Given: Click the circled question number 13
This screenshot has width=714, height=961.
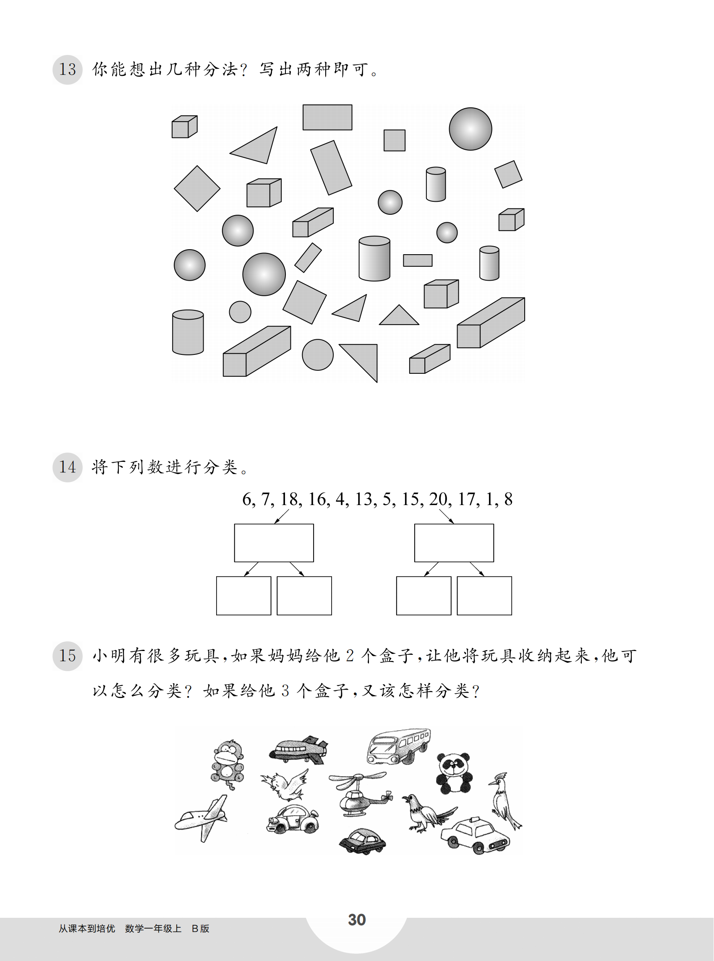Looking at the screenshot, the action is pos(68,70).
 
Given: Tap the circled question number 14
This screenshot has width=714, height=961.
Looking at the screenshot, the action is pos(68,467).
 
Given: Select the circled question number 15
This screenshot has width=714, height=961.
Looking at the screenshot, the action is pos(68,656).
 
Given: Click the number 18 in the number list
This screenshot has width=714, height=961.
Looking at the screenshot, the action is pos(289,499).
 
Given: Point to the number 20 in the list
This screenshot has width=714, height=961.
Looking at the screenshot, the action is pos(438,499).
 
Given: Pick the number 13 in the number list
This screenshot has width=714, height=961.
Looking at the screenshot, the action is pos(364,499).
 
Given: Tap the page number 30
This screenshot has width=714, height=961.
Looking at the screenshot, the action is pos(357,920).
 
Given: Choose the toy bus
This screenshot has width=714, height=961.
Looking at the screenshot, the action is pos(398,747).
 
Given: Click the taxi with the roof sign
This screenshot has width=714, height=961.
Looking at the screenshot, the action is pos(475,836).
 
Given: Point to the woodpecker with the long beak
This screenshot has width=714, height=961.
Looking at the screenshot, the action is pos(505,801).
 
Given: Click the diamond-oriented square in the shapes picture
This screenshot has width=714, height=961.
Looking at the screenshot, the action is pos(197,188).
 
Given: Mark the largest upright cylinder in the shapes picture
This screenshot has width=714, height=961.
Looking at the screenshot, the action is pos(374,258).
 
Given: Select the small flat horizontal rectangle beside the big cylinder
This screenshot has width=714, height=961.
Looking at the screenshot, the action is pos(418,260).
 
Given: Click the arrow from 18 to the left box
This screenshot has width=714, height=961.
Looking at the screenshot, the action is pos(281,516).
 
